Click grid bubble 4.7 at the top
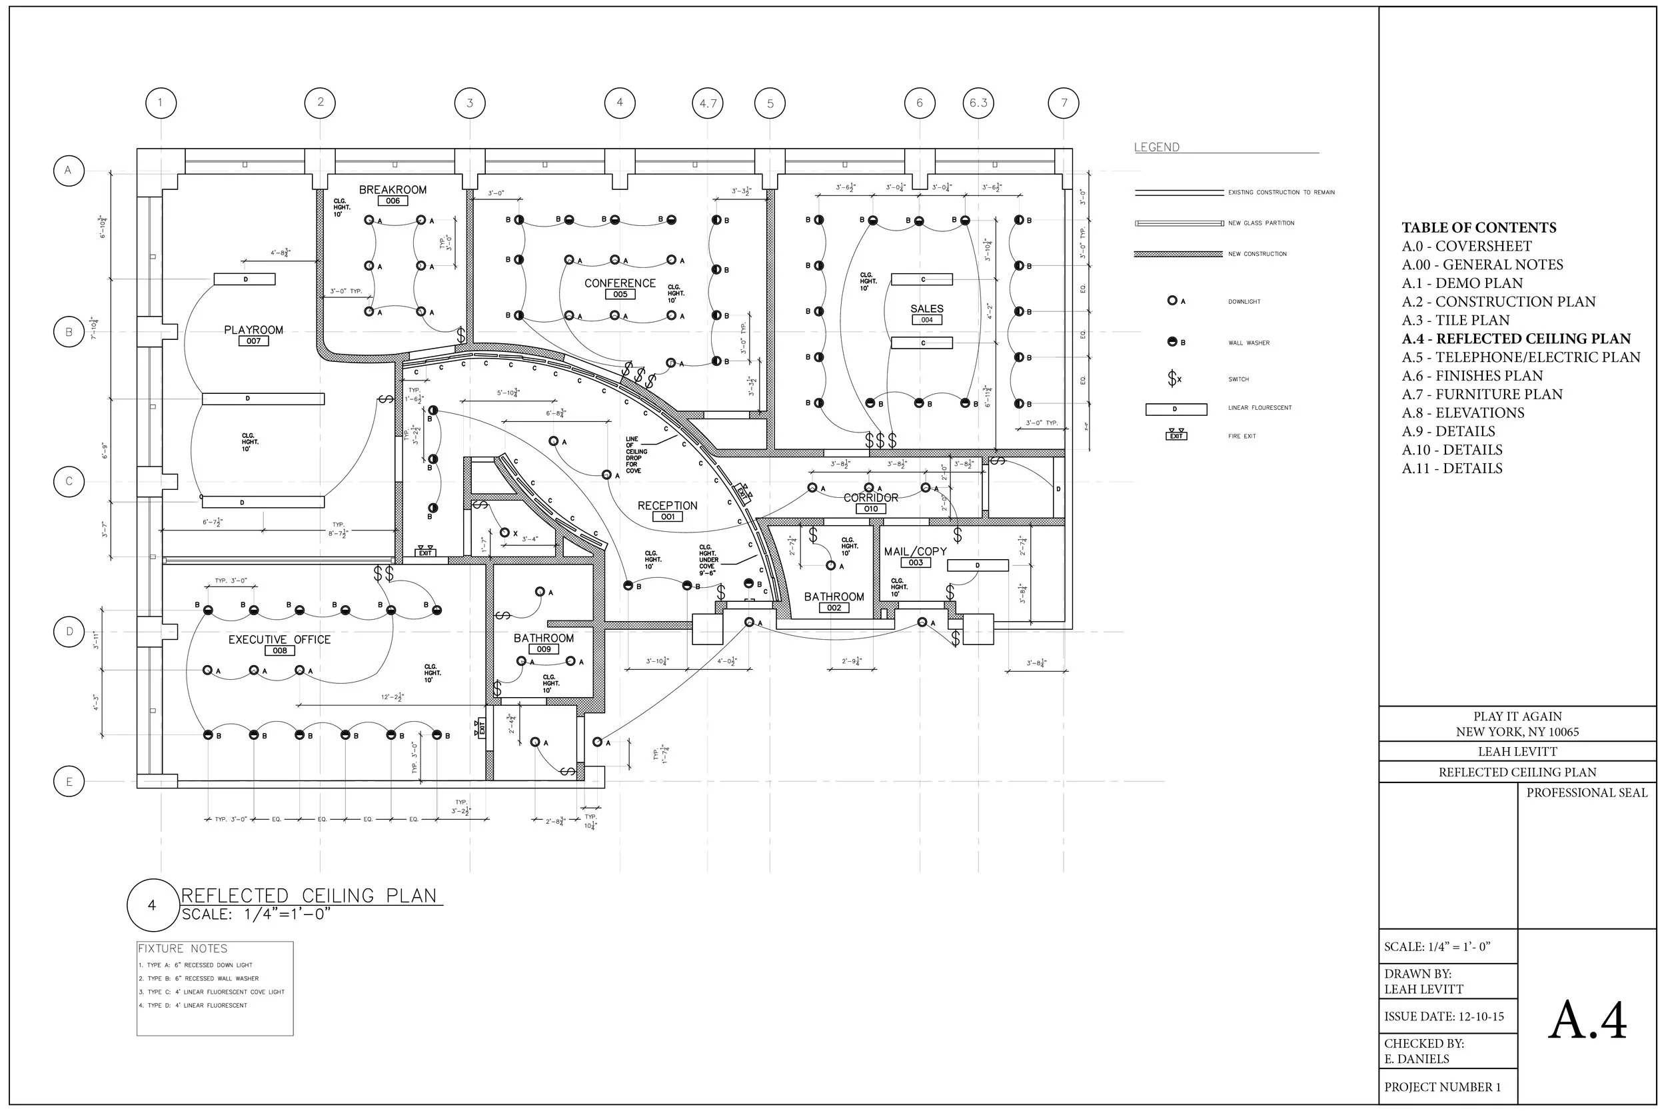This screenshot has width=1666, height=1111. pyautogui.click(x=708, y=103)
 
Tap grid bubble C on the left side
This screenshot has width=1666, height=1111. pyautogui.click(x=69, y=482)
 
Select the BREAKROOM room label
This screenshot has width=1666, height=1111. pyautogui.click(x=393, y=190)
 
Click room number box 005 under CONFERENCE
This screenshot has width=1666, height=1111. pyautogui.click(x=620, y=295)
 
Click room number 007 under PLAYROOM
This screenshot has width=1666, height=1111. pyautogui.click(x=254, y=341)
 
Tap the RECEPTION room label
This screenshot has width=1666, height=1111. pyautogui.click(x=667, y=506)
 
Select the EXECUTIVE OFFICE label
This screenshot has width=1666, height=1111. pyautogui.click(x=279, y=640)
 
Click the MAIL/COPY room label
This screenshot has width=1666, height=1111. pyautogui.click(x=915, y=551)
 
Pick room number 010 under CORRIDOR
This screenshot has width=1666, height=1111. pyautogui.click(x=870, y=509)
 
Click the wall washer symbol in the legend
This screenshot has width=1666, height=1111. pyautogui.click(x=1172, y=342)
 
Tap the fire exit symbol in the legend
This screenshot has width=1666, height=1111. pyautogui.click(x=1176, y=435)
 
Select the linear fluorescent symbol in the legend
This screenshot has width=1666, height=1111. pyautogui.click(x=1176, y=409)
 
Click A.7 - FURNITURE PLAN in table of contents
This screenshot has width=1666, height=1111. pyautogui.click(x=1482, y=395)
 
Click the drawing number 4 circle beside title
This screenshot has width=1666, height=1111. pyautogui.click(x=151, y=906)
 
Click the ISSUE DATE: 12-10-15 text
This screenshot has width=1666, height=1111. pyautogui.click(x=1443, y=1017)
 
